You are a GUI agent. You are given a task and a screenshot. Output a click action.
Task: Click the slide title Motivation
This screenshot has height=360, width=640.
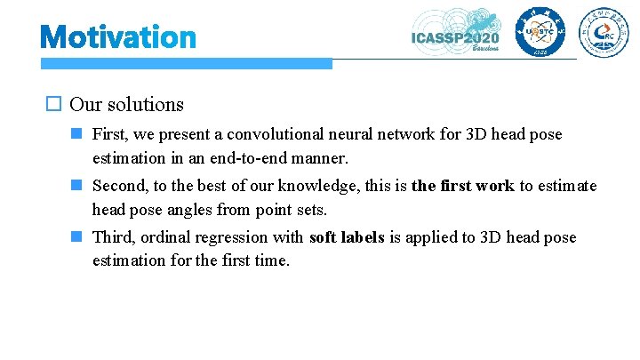(x=118, y=37)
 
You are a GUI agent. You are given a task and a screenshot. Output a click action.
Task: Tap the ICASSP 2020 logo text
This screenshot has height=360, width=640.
(x=454, y=37)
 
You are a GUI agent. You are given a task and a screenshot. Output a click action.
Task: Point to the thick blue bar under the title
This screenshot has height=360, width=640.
(x=186, y=64)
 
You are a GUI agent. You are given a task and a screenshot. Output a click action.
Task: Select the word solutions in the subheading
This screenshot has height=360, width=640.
(x=145, y=104)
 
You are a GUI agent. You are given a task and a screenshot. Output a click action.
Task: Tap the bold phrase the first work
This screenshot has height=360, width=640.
(x=462, y=186)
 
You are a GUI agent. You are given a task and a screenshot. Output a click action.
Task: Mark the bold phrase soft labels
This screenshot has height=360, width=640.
(x=347, y=237)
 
